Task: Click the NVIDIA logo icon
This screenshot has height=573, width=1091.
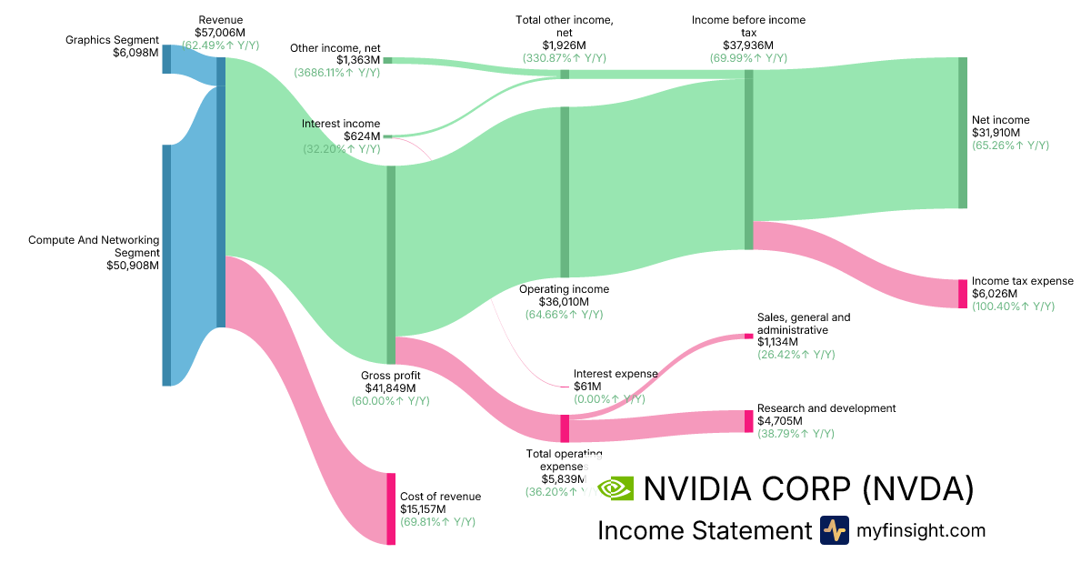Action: (616, 488)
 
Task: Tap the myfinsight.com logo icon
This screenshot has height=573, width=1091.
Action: (834, 530)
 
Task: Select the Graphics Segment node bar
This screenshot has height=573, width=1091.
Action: (166, 58)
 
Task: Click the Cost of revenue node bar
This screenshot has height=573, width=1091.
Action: (391, 508)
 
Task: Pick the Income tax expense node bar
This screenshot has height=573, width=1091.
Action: (963, 294)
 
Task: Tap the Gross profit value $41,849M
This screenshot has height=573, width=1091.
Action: (390, 388)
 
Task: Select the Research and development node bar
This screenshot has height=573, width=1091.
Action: (749, 421)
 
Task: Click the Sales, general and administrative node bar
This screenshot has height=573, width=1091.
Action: (749, 336)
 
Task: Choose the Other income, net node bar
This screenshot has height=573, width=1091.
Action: (387, 60)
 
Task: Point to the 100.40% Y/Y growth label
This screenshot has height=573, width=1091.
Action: (1013, 307)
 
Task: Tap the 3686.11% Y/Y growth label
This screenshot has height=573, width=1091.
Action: (337, 72)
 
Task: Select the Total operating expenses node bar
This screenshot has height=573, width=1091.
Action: (565, 428)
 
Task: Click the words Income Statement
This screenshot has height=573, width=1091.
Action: (704, 530)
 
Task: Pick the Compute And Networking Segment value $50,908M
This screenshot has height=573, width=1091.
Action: (133, 266)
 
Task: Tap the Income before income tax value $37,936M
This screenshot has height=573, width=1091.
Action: (748, 45)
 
